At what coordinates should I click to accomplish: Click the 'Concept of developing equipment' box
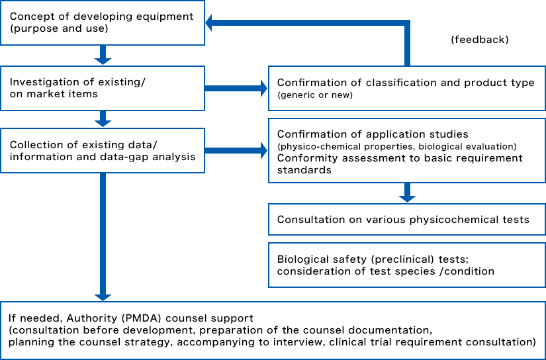click(x=102, y=22)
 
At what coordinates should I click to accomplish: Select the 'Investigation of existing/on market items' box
click(x=102, y=88)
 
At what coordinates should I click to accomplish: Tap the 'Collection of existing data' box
click(x=102, y=151)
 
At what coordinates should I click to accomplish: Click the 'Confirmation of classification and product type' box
click(x=406, y=88)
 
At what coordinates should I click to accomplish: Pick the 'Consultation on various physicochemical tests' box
click(x=406, y=219)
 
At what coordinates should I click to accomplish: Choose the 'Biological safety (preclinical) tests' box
click(x=406, y=265)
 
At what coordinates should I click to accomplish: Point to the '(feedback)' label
click(x=480, y=40)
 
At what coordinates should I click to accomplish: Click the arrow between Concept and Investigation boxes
click(x=102, y=55)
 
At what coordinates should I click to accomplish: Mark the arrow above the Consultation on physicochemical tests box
click(x=407, y=193)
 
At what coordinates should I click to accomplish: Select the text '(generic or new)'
click(x=316, y=95)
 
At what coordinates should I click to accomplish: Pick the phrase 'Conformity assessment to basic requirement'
click(x=400, y=158)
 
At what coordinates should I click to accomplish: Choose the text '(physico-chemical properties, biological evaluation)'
click(x=396, y=146)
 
